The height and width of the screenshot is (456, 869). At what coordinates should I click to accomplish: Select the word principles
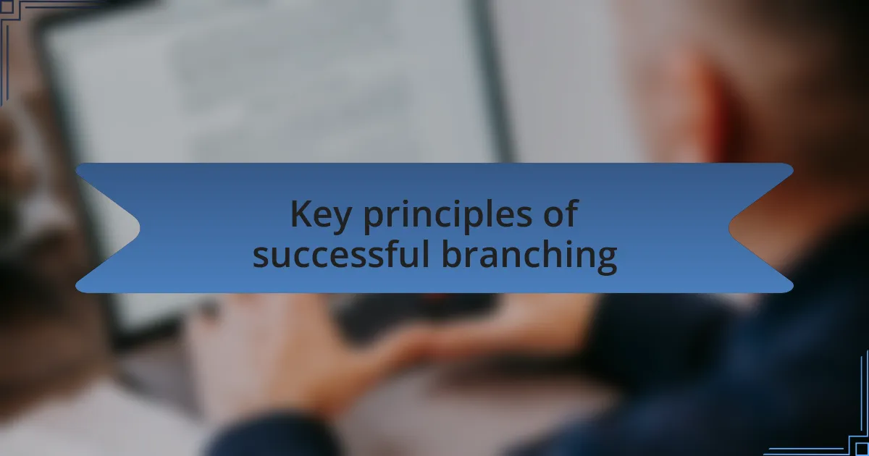coord(448,216)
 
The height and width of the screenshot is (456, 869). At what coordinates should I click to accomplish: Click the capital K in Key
coord(303,214)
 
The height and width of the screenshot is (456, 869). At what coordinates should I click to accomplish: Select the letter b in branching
coord(453,253)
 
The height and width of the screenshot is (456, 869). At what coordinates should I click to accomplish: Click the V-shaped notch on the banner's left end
coord(140,227)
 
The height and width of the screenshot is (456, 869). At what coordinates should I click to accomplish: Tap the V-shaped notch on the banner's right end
coord(729,227)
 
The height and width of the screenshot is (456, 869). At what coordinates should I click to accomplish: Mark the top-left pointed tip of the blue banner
coord(77,169)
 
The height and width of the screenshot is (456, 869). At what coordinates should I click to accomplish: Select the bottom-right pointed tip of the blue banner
coord(792,286)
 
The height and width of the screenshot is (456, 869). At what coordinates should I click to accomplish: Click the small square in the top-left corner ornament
coord(7,7)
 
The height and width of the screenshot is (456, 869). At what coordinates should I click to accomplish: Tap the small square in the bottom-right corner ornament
coord(862,449)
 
